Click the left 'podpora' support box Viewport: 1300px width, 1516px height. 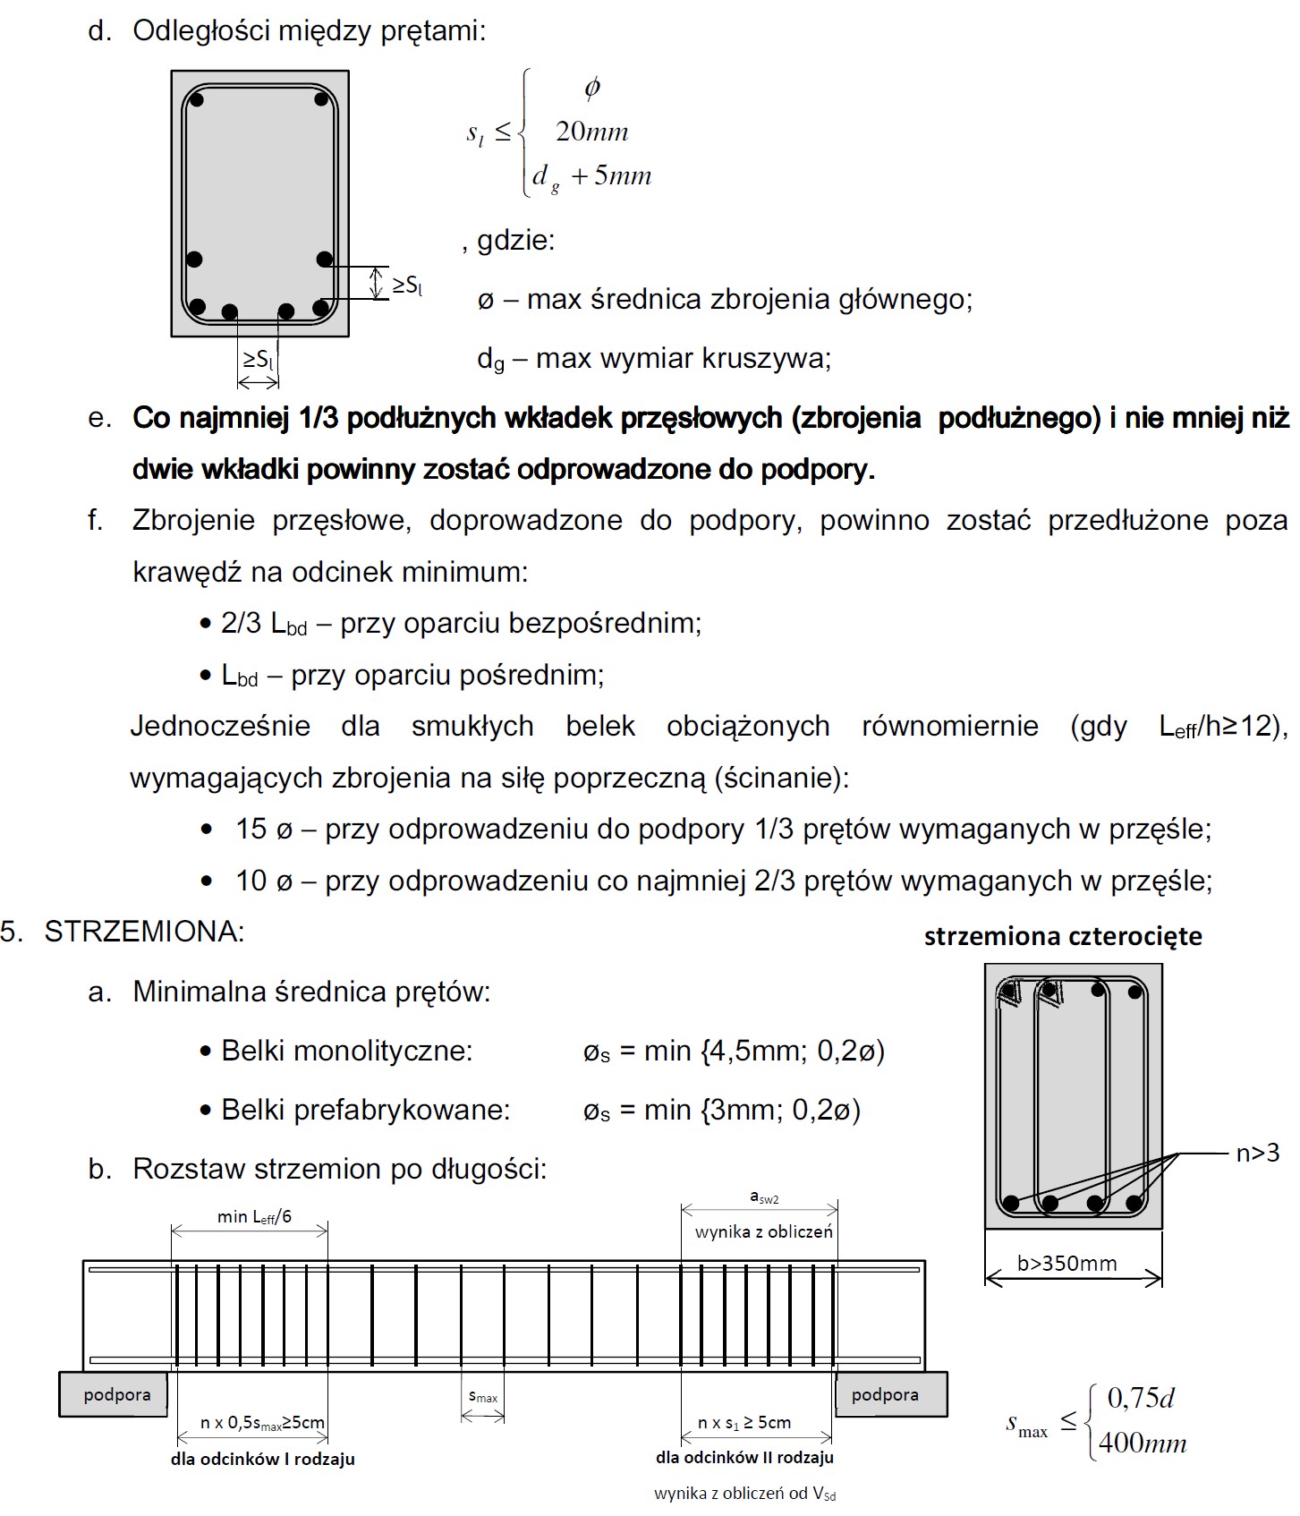coord(114,1394)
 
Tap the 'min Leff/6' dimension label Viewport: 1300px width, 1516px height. coord(254,1216)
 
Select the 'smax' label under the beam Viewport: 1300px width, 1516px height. coord(483,1397)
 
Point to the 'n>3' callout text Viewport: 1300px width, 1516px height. coord(1257,1154)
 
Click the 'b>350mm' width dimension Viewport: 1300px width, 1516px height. coord(1067,1263)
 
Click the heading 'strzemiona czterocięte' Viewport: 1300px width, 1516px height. coord(1063,936)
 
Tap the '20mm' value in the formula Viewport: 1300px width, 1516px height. coord(591,132)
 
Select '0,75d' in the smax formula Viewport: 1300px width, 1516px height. coord(1141,1398)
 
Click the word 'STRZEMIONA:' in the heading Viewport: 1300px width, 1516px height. coord(144,932)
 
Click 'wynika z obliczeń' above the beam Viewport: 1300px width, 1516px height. coord(763,1231)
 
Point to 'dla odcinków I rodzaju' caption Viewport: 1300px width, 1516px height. coord(262,1459)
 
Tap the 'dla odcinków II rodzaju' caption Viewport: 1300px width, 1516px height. coord(744,1457)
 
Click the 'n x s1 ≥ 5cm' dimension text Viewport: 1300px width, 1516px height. coord(744,1422)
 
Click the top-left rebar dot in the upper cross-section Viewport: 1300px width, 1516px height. coord(197,98)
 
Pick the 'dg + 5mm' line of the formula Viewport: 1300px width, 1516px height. coord(591,175)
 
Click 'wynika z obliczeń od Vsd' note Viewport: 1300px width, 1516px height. coord(744,1493)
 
